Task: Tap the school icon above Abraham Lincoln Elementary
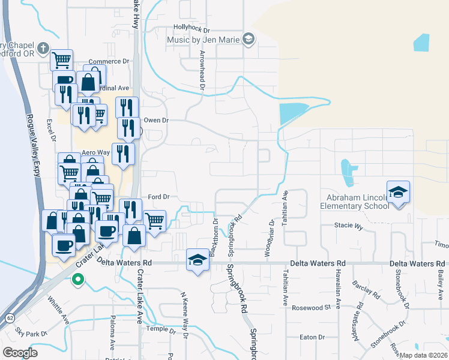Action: coord(398,192)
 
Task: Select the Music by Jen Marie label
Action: coord(203,40)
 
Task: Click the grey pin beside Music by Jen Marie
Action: coord(248,40)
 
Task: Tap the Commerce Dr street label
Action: coord(109,61)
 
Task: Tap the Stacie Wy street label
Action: coord(349,227)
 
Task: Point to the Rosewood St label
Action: coord(312,307)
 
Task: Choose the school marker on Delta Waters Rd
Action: coord(197,259)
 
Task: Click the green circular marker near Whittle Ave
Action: coord(77,279)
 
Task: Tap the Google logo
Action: coord(20,352)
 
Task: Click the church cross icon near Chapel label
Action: coord(43,48)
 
